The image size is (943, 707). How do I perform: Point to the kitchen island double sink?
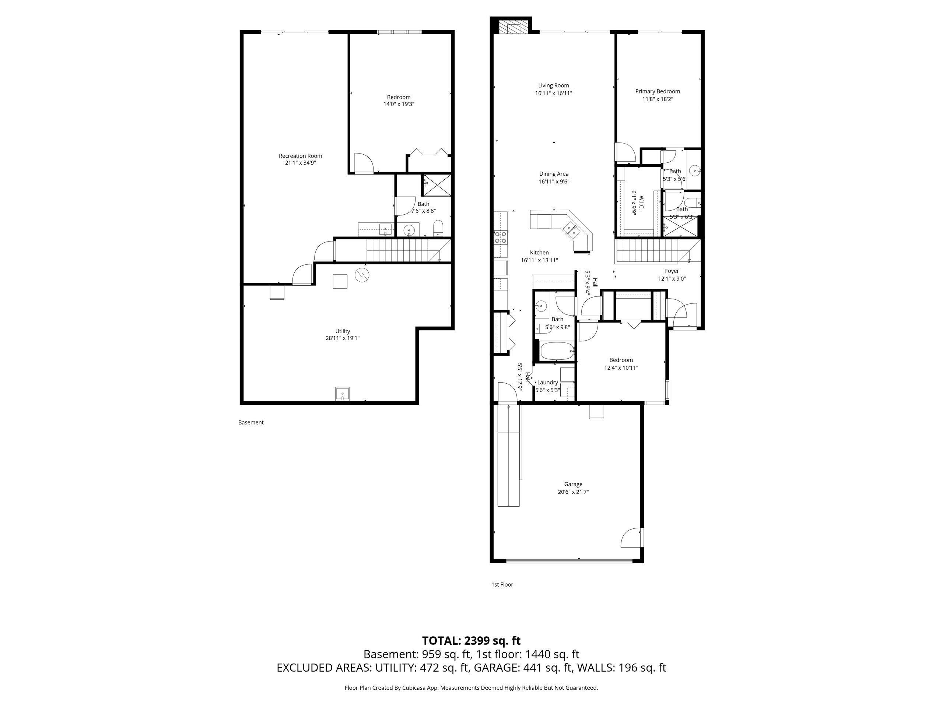coord(571,230)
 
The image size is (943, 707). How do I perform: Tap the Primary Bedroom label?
coord(658,91)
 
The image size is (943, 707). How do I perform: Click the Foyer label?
coord(672,271)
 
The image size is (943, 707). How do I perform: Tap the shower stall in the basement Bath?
coord(436,184)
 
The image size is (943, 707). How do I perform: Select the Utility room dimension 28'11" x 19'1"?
coord(342,338)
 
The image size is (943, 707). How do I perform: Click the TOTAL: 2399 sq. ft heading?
coord(471,640)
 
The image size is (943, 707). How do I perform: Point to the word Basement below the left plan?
coord(251,422)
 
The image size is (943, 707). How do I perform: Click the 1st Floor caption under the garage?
coord(502,584)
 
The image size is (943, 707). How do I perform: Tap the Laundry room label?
coord(547,382)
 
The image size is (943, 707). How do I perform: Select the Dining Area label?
coord(553,174)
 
